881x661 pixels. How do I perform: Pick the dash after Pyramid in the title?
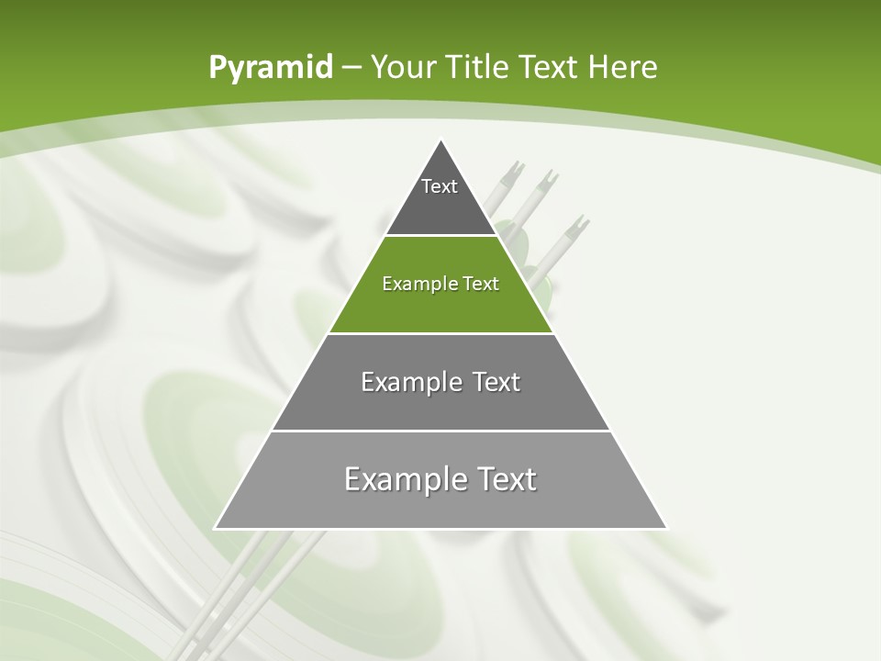351,68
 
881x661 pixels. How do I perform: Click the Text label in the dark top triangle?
440,186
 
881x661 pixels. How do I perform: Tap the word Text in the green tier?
481,284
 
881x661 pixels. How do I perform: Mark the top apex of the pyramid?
440,140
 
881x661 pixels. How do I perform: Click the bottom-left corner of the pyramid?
216,528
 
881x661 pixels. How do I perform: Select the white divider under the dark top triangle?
440,236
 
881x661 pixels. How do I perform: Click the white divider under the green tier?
440,333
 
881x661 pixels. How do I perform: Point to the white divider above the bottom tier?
440,431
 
